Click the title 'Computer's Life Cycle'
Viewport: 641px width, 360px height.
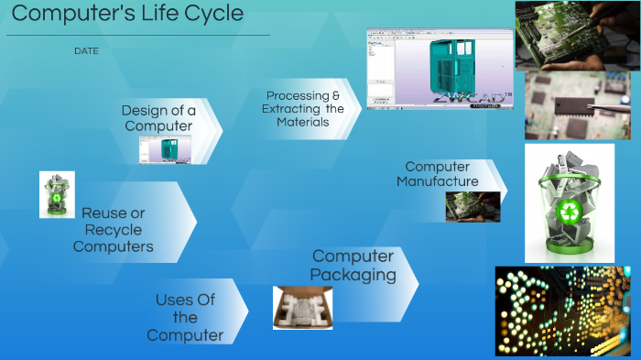click(x=127, y=14)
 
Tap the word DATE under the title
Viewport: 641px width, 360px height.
click(x=86, y=51)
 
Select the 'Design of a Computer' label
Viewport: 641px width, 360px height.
click(x=158, y=118)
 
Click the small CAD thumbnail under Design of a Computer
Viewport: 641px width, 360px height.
click(x=169, y=149)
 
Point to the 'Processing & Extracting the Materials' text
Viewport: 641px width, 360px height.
click(x=303, y=109)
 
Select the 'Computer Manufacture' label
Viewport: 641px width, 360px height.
click(x=438, y=174)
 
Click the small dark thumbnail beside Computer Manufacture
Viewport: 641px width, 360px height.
click(x=473, y=207)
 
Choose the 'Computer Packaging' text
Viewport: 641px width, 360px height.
click(x=353, y=266)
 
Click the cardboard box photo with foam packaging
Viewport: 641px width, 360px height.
click(x=302, y=308)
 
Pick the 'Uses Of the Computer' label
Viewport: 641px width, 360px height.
click(x=185, y=318)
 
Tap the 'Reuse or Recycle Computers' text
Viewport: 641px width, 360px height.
click(x=114, y=230)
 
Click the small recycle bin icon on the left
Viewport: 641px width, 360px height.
click(x=57, y=194)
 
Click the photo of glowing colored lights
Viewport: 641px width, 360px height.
click(x=562, y=311)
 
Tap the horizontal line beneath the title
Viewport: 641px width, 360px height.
click(x=137, y=36)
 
